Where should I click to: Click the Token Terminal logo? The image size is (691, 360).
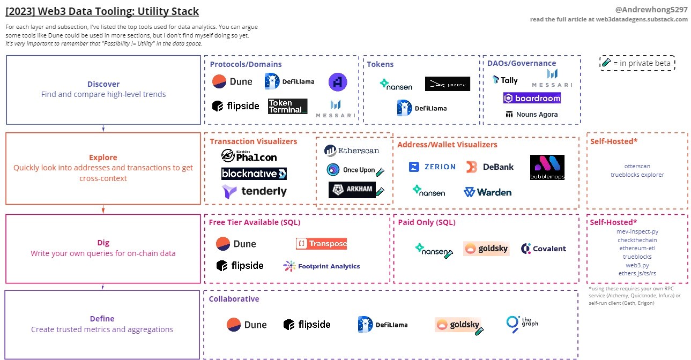[287, 106]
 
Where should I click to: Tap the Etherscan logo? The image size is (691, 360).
[352, 151]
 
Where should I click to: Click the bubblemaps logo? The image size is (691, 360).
[547, 167]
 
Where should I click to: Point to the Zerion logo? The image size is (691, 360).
[432, 167]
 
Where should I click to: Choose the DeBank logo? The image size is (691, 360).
[490, 167]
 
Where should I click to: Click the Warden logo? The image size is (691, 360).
[487, 192]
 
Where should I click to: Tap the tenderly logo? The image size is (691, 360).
[254, 191]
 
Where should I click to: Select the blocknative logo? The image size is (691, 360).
[254, 174]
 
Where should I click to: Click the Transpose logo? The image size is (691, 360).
[321, 244]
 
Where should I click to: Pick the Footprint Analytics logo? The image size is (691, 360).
[322, 266]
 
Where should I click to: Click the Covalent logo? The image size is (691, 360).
[543, 249]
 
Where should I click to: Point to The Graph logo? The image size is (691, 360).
[522, 323]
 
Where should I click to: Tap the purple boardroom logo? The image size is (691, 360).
[532, 98]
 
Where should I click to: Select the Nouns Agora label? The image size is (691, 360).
[531, 114]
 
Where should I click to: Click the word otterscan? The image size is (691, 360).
[637, 166]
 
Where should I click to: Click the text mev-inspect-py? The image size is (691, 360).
[637, 232]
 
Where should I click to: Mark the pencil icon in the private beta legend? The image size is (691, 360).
[606, 63]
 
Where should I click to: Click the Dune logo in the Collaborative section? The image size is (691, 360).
[247, 325]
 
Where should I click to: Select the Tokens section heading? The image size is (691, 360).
[380, 64]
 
